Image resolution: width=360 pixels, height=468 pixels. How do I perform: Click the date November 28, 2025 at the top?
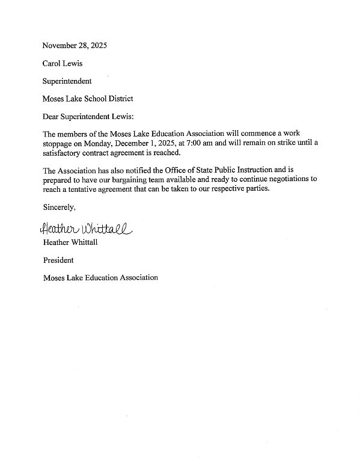tap(70, 46)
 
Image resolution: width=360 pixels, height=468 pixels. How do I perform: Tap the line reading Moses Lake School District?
tap(88, 98)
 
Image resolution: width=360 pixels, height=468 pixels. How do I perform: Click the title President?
tap(58, 260)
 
